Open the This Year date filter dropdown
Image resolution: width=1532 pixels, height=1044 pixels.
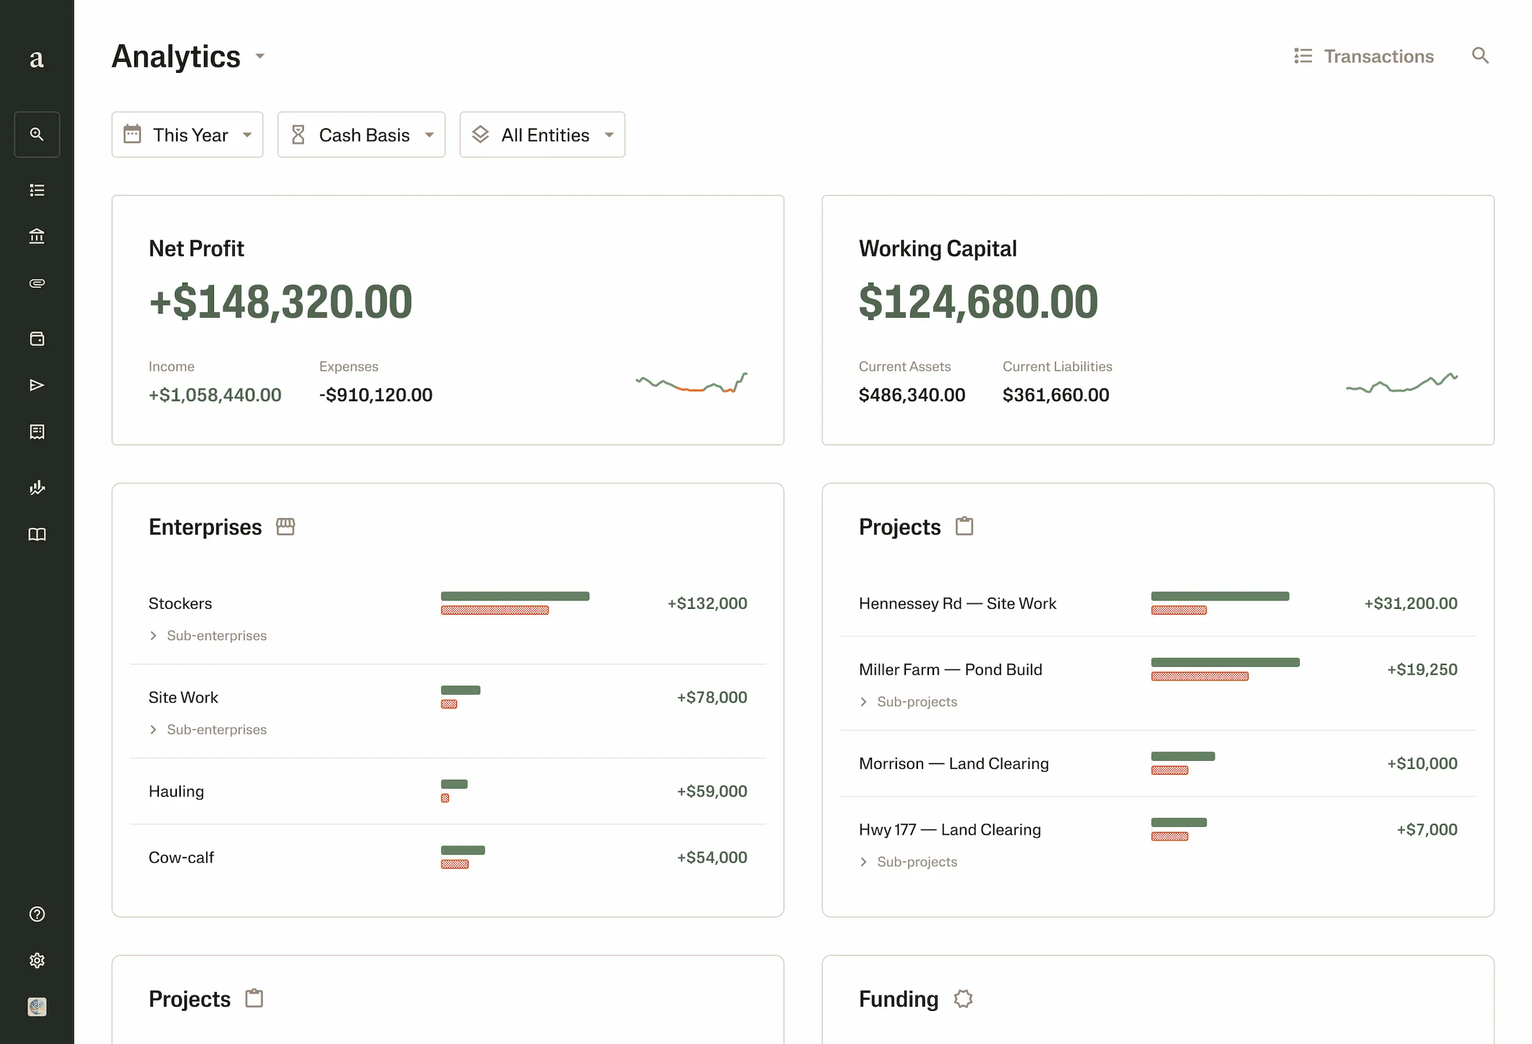[187, 135]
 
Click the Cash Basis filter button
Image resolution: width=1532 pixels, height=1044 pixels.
[361, 135]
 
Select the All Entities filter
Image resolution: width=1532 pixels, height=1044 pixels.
[542, 135]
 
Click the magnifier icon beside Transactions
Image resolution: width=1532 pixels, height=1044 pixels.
[1480, 56]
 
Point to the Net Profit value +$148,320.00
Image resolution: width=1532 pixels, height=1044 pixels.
[281, 302]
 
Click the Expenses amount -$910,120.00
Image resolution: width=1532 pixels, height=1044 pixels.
[376, 395]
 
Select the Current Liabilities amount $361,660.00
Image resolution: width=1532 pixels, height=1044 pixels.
[1055, 395]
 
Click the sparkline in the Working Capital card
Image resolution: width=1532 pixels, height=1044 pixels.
[1402, 382]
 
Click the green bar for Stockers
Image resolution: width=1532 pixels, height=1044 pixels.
[515, 596]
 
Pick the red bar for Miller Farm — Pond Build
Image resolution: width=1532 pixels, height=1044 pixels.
[1199, 676]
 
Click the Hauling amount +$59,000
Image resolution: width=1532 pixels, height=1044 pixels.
[711, 791]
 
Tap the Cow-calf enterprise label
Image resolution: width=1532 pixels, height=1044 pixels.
[181, 858]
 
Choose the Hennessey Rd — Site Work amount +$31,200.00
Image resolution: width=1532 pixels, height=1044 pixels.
[1410, 603]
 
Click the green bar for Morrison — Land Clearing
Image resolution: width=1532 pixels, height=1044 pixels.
[1183, 756]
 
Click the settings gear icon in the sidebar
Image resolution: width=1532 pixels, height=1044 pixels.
[37, 960]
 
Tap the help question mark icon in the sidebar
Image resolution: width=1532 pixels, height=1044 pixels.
[37, 914]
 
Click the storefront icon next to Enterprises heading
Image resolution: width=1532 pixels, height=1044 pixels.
[285, 526]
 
